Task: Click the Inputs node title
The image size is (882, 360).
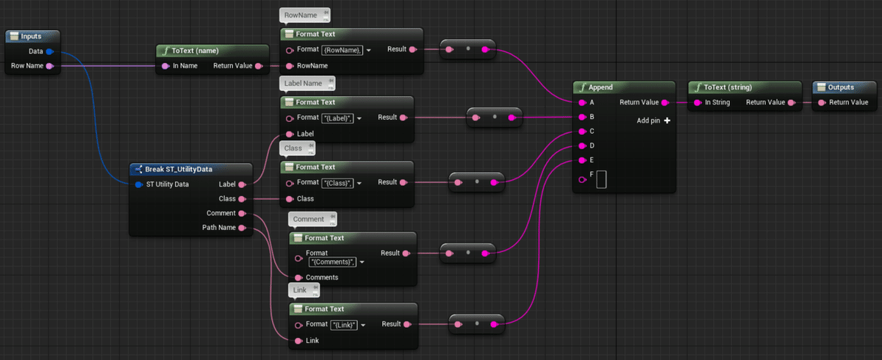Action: click(x=31, y=36)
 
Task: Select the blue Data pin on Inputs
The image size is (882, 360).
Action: click(x=50, y=51)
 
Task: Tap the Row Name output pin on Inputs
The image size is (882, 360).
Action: click(x=50, y=66)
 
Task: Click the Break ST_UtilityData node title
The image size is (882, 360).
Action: click(x=179, y=169)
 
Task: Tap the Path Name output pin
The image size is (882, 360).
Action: click(x=242, y=228)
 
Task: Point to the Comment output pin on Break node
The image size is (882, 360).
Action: click(x=242, y=213)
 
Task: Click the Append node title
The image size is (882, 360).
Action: click(x=600, y=87)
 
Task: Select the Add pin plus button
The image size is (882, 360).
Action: click(x=667, y=120)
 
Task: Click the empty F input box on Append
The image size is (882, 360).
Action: click(x=601, y=179)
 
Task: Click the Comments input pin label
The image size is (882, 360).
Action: click(x=322, y=277)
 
